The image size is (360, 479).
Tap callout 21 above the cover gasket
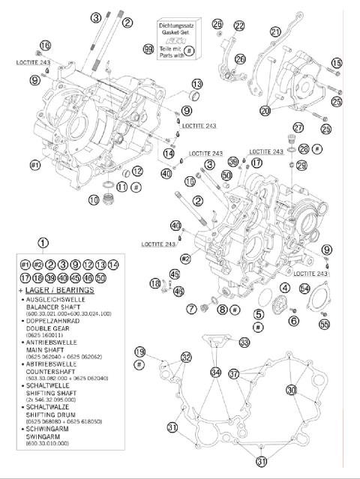275,31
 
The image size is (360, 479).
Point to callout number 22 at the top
238,25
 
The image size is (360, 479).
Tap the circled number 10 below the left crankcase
94,199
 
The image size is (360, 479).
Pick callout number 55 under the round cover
325,324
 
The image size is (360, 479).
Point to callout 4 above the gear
285,288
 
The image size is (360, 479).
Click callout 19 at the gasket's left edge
139,352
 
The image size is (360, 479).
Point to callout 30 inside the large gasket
291,390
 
